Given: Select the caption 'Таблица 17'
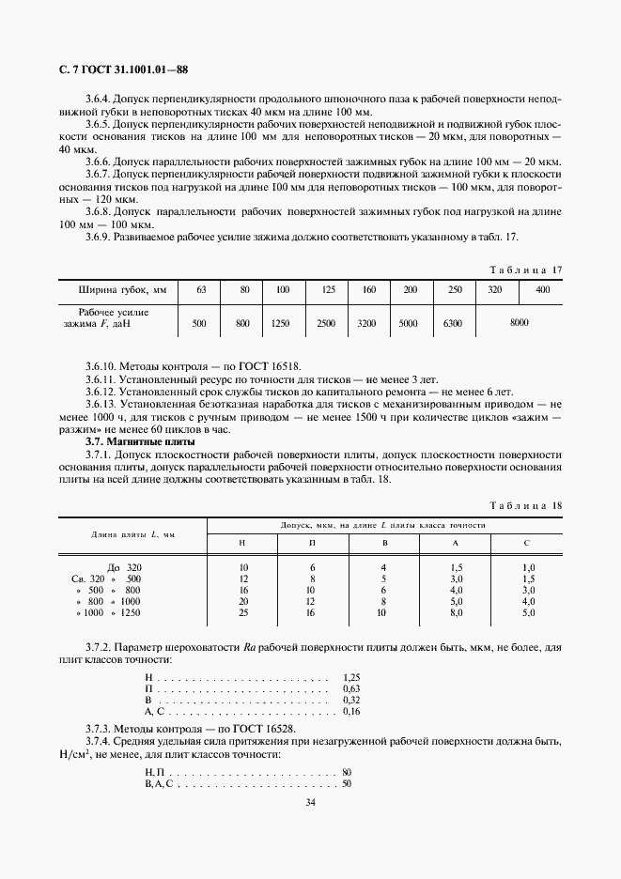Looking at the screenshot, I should (526, 270).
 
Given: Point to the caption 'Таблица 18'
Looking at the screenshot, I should (526, 505).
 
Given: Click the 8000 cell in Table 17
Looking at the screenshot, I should (518, 322).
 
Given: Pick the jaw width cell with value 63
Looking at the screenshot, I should (200, 290).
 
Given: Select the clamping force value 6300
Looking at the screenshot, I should (454, 322).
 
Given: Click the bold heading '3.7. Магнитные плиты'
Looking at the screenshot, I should (127, 440).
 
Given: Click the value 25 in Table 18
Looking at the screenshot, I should (243, 612).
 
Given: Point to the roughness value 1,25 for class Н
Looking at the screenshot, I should (352, 676).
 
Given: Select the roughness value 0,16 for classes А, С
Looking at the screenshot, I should (352, 712).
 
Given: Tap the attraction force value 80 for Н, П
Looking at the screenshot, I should (347, 771).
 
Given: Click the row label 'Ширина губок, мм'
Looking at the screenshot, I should (116, 290).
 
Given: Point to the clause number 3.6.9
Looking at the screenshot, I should (99, 237).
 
